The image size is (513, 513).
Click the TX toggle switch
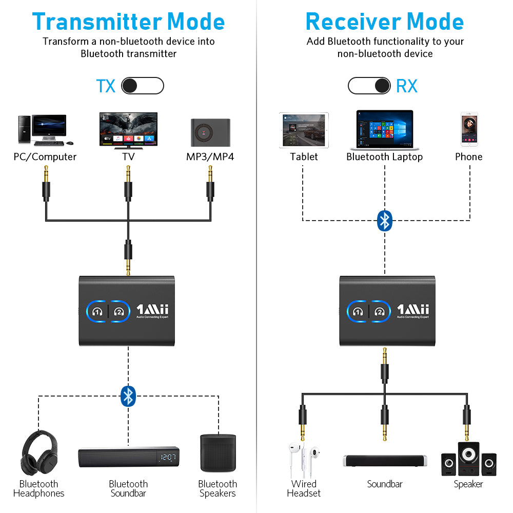[x=142, y=86]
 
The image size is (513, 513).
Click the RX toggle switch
[x=369, y=86]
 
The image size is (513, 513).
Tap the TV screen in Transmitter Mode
[x=128, y=130]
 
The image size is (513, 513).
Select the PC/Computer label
[x=45, y=157]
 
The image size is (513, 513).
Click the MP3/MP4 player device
[x=210, y=132]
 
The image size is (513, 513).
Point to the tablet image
[x=304, y=130]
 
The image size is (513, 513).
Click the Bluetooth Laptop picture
[x=385, y=129]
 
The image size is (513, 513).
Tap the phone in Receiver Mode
[x=469, y=130]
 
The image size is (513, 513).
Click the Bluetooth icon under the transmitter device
[x=128, y=396]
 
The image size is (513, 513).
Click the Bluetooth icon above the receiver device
[x=385, y=221]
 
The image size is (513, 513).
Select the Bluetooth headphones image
[x=38, y=454]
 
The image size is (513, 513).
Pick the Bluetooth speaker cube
[x=218, y=453]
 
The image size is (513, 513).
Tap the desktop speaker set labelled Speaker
[x=468, y=459]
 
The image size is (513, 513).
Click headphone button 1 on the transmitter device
[x=97, y=311]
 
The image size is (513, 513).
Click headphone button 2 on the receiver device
[x=380, y=311]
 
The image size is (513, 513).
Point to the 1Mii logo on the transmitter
[x=152, y=310]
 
